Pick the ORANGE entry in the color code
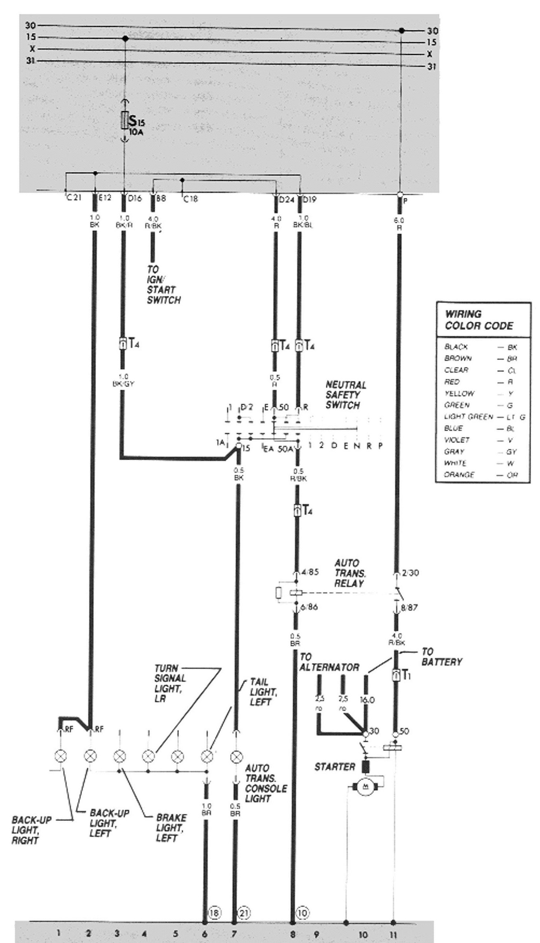click(459, 475)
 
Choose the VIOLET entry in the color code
click(457, 440)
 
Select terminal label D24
click(286, 200)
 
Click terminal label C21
click(74, 198)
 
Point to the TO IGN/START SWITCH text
click(163, 285)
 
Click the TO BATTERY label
click(441, 657)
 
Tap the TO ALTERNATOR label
click(329, 662)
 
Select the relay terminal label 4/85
click(310, 572)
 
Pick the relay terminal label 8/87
click(409, 608)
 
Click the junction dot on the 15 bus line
click(125, 38)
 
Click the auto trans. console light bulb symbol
click(236, 757)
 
